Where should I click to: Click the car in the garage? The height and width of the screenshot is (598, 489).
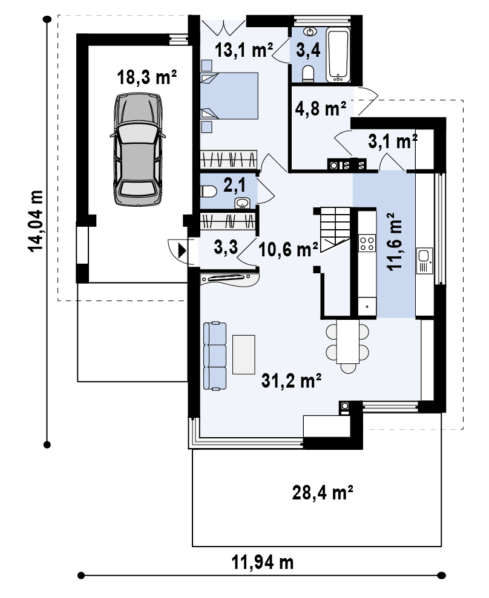(138, 150)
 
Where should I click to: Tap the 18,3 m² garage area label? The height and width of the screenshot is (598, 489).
(146, 77)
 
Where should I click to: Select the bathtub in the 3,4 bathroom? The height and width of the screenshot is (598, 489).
(338, 55)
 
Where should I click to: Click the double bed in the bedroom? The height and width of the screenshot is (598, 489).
(229, 96)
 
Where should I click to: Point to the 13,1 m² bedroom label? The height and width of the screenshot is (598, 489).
(244, 50)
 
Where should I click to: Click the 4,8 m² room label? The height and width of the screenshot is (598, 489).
(320, 108)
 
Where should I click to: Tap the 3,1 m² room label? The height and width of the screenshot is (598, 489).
(393, 141)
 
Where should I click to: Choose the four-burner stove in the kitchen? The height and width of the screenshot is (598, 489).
(367, 243)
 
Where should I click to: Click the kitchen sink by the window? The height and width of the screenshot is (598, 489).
(425, 261)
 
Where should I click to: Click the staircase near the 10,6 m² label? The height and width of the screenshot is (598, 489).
(335, 229)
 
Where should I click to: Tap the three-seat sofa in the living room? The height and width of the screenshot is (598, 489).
(215, 356)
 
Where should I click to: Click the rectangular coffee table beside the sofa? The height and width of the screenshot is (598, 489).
(243, 354)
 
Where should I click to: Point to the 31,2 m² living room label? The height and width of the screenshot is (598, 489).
(291, 380)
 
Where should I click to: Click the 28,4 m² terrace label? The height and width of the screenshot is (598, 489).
(323, 492)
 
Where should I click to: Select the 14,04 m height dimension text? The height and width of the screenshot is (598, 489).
(36, 221)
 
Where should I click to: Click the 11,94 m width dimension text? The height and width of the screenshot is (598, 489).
(263, 562)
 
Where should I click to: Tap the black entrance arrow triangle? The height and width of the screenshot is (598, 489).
(182, 251)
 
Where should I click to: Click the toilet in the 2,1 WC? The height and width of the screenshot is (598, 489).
(208, 191)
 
